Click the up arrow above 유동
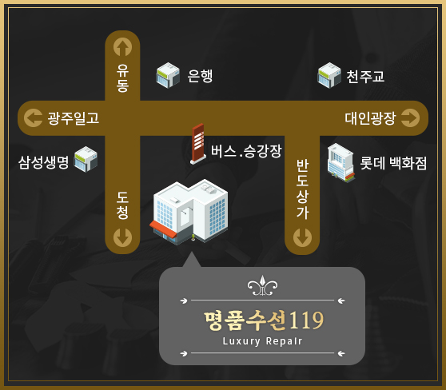[122, 47]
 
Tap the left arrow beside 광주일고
[34, 117]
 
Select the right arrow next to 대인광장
[410, 117]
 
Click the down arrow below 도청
[122, 237]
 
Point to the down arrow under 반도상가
[302, 237]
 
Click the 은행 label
[200, 76]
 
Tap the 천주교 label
[365, 76]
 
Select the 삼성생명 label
[43, 162]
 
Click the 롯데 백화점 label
[393, 163]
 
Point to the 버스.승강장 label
[246, 151]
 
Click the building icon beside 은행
[168, 75]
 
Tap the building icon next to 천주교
[329, 75]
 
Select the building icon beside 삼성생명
[86, 159]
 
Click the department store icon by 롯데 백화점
[340, 163]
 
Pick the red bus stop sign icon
[198, 144]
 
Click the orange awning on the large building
[163, 229]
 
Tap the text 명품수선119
[264, 320]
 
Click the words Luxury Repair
[262, 341]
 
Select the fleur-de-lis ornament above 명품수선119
[262, 285]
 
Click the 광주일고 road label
[74, 118]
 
